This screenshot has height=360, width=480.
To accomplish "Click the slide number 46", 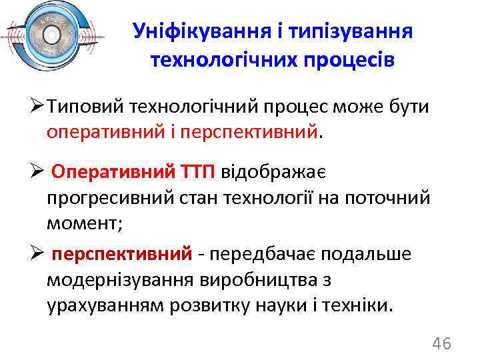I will [441, 344].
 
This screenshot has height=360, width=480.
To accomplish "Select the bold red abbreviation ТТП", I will [195, 172].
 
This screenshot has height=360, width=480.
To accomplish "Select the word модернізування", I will [117, 280].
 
